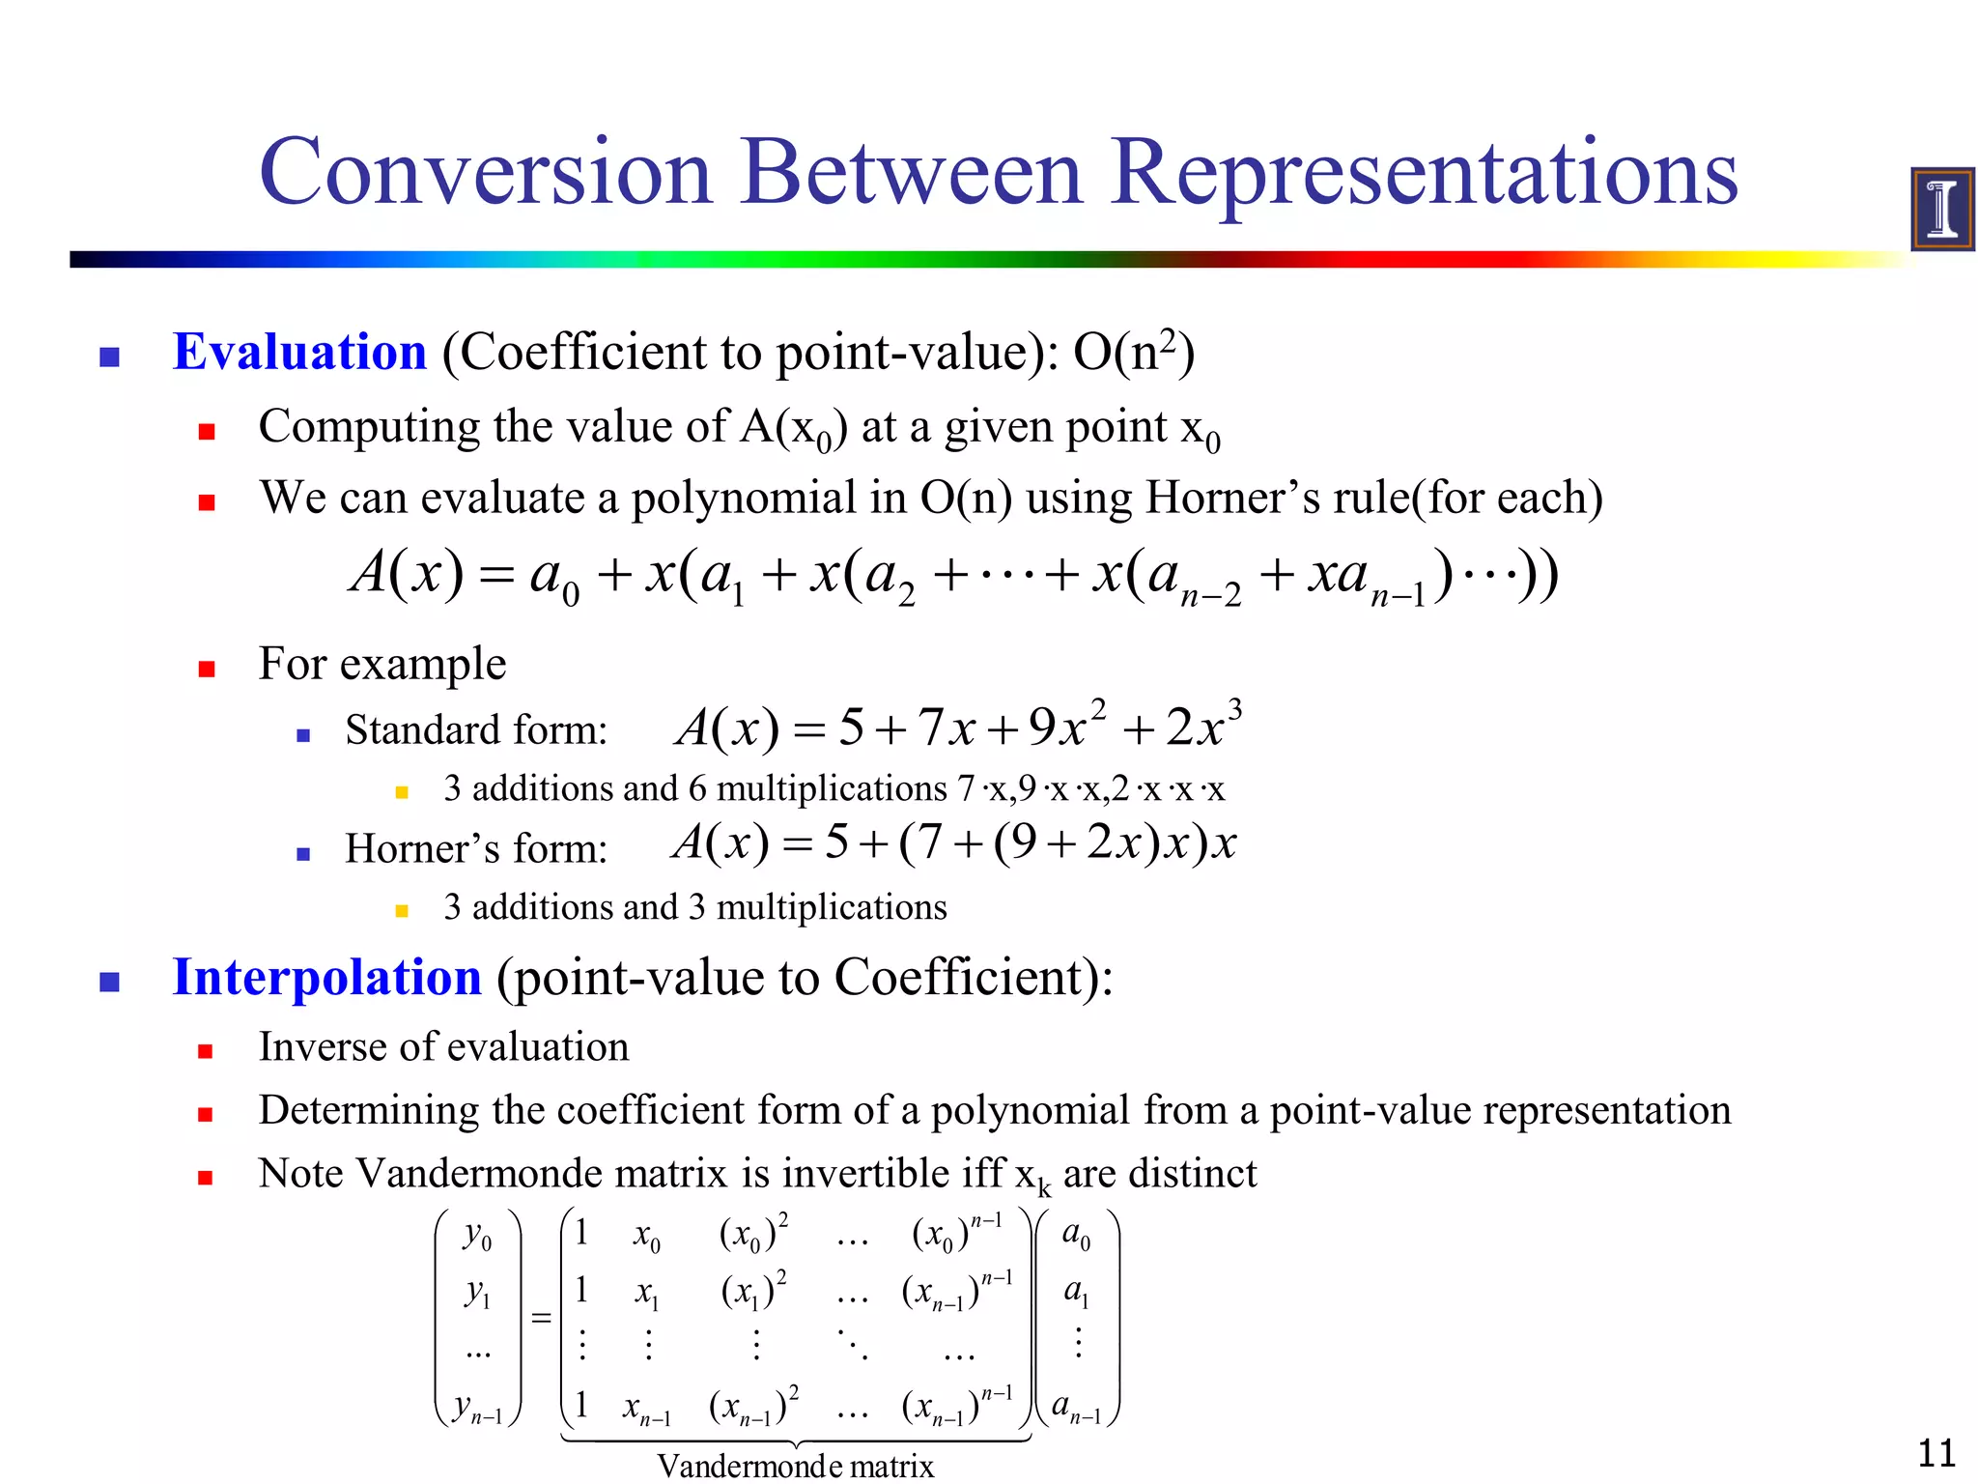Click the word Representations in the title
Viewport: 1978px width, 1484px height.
pyautogui.click(x=1424, y=174)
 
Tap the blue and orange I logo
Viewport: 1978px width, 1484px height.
pyautogui.click(x=1941, y=209)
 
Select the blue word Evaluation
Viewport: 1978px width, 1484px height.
pyautogui.click(x=299, y=352)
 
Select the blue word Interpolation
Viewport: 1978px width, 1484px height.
pyautogui.click(x=326, y=978)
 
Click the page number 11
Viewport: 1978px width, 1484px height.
pyautogui.click(x=1936, y=1453)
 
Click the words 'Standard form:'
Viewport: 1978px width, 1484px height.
pyautogui.click(x=476, y=730)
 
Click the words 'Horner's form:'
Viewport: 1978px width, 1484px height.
pyautogui.click(x=476, y=849)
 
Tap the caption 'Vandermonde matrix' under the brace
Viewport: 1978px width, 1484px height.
pyautogui.click(x=795, y=1466)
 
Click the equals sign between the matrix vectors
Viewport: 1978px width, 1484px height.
pyautogui.click(x=541, y=1318)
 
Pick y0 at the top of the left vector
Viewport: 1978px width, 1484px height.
pyautogui.click(x=477, y=1236)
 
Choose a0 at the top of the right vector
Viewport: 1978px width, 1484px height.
pyautogui.click(x=1076, y=1235)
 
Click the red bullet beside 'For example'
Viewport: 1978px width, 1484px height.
pyautogui.click(x=206, y=669)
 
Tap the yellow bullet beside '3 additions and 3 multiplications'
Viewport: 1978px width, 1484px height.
pyautogui.click(x=402, y=910)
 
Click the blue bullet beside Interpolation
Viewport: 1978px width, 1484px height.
pyautogui.click(x=110, y=983)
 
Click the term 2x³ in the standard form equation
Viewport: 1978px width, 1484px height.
pyautogui.click(x=1202, y=727)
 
